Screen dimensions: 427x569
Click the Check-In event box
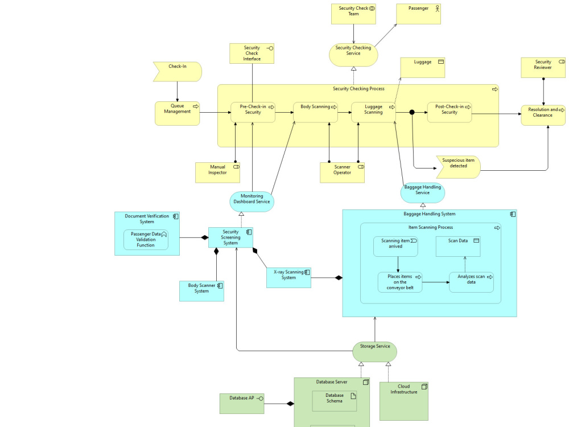pos(177,72)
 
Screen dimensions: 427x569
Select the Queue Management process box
pos(177,113)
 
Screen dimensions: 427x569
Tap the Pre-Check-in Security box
pos(253,112)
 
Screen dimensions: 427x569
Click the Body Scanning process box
pos(315,112)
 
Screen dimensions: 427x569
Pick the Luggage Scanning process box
pos(373,112)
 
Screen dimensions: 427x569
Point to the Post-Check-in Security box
pos(450,112)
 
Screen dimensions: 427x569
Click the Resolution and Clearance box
pos(543,115)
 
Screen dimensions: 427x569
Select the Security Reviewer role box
pos(543,67)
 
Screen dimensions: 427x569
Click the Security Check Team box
pos(353,14)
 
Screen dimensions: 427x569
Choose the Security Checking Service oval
pos(353,55)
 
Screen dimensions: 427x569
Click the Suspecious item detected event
pos(458,166)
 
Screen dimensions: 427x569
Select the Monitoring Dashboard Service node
pos(252,202)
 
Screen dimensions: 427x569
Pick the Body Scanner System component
pos(201,291)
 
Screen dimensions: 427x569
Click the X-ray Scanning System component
pos(288,277)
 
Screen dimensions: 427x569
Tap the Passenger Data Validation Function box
pos(146,240)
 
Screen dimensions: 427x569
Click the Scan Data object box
pos(458,247)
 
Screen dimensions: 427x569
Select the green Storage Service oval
pos(374,351)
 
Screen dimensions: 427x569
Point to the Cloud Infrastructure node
pos(403,401)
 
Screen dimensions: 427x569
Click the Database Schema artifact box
pos(335,401)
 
